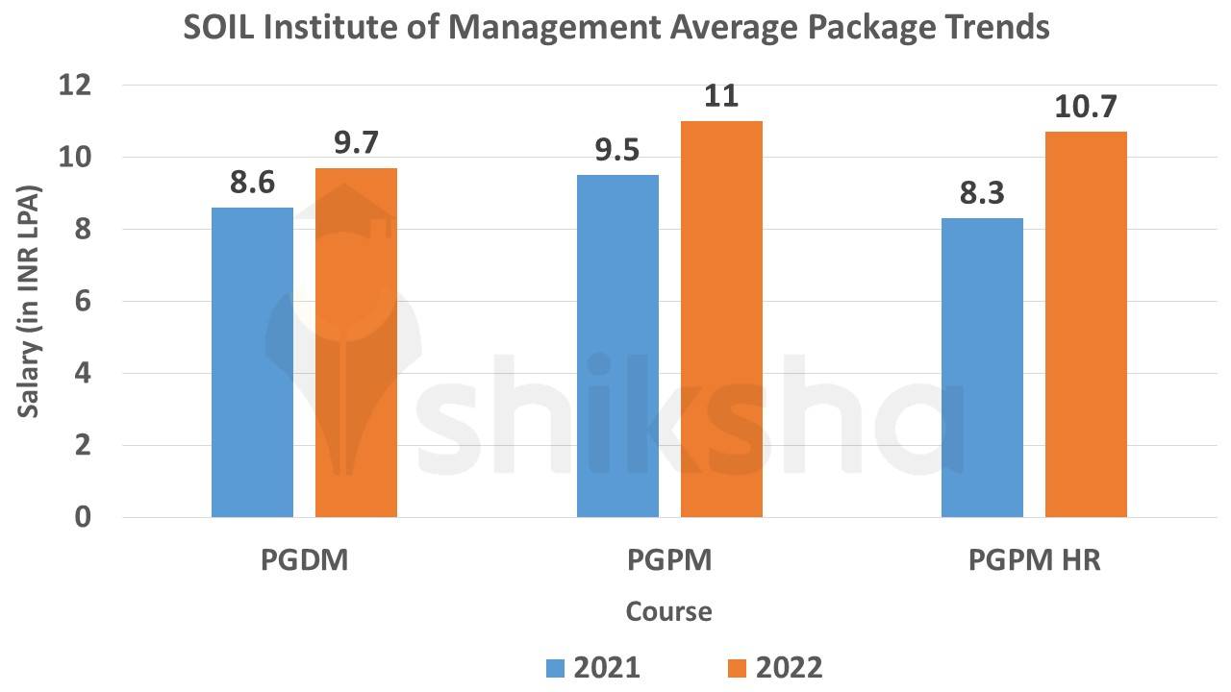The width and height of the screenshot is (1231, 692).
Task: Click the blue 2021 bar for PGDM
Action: click(252, 362)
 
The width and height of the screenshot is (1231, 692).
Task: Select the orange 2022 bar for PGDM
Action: click(356, 343)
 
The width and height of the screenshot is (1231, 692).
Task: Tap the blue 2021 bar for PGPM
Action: click(617, 346)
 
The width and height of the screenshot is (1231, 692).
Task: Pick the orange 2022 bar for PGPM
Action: click(721, 319)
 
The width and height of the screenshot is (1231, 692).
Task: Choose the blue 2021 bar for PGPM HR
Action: click(982, 368)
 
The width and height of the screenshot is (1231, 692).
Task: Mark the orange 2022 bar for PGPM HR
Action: click(1086, 325)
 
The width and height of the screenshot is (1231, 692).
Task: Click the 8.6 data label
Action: click(252, 184)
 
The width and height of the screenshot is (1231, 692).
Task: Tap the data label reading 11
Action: click(721, 97)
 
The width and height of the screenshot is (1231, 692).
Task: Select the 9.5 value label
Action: click(617, 151)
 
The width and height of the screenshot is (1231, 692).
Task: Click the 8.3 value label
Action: click(982, 194)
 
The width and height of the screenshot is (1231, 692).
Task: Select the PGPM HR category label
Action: click(1034, 560)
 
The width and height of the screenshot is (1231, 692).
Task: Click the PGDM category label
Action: click(304, 560)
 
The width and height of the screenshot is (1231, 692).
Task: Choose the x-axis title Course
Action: click(669, 611)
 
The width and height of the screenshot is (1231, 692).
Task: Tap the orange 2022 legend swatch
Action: click(738, 667)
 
